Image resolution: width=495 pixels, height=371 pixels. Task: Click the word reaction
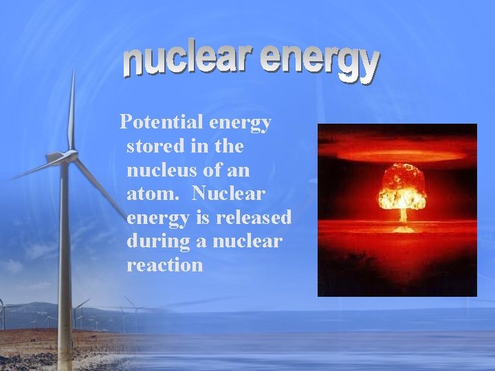(x=165, y=265)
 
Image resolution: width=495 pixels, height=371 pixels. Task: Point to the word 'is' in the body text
(x=204, y=217)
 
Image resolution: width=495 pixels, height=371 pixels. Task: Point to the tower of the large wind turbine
(x=65, y=261)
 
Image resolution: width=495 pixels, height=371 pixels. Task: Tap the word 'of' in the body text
(x=211, y=170)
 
